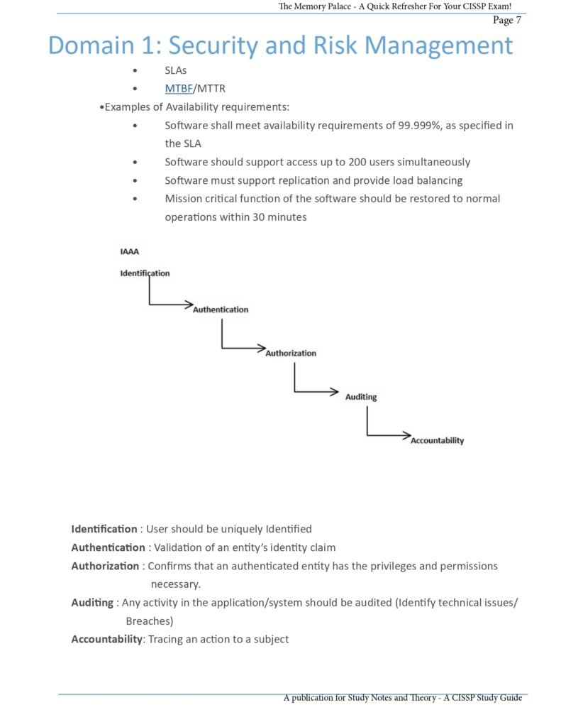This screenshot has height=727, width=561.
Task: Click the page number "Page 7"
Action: pos(507,20)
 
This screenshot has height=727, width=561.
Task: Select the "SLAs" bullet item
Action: pos(175,71)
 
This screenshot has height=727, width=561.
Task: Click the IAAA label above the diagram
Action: pos(129,251)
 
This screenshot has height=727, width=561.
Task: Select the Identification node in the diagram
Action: pos(145,273)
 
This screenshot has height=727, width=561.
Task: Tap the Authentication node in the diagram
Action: pos(221,310)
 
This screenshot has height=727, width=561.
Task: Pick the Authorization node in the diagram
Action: pos(291,353)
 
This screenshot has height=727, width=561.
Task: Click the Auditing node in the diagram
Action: pos(361,397)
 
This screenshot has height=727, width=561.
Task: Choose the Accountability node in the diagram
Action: pos(437,440)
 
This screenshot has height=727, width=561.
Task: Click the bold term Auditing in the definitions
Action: pos(92,603)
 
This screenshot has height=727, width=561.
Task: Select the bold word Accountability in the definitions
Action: pos(106,639)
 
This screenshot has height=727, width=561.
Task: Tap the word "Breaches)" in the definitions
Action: pos(150,621)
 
